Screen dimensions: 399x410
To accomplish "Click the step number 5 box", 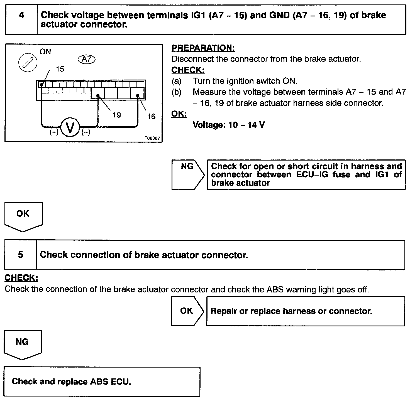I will (x=21, y=255).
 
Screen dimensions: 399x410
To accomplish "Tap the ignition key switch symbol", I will (x=28, y=62).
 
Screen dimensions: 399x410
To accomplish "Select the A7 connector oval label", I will (x=87, y=59).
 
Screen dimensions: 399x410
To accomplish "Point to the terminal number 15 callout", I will (x=60, y=69).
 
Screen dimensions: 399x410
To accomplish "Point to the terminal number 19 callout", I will (x=117, y=115).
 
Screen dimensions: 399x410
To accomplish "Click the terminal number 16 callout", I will (x=151, y=116).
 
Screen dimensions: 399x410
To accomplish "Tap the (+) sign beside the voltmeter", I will (x=54, y=132).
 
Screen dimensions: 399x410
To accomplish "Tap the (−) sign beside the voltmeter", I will (x=86, y=132).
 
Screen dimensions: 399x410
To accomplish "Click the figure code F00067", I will (x=152, y=138).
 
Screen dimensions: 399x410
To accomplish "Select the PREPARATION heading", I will (x=203, y=48).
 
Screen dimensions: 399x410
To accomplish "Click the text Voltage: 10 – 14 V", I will (x=229, y=125).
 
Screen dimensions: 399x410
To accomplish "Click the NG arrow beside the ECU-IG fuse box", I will (x=187, y=174).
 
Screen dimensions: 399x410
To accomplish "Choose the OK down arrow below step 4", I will (x=23, y=216).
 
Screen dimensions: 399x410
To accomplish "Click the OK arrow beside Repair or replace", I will (x=187, y=311).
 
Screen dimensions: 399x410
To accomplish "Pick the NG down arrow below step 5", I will (x=22, y=344).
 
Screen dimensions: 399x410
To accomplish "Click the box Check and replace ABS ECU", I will (x=102, y=381).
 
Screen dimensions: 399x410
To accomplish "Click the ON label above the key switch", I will (x=45, y=51).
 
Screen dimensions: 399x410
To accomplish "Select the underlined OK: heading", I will (x=179, y=114).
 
